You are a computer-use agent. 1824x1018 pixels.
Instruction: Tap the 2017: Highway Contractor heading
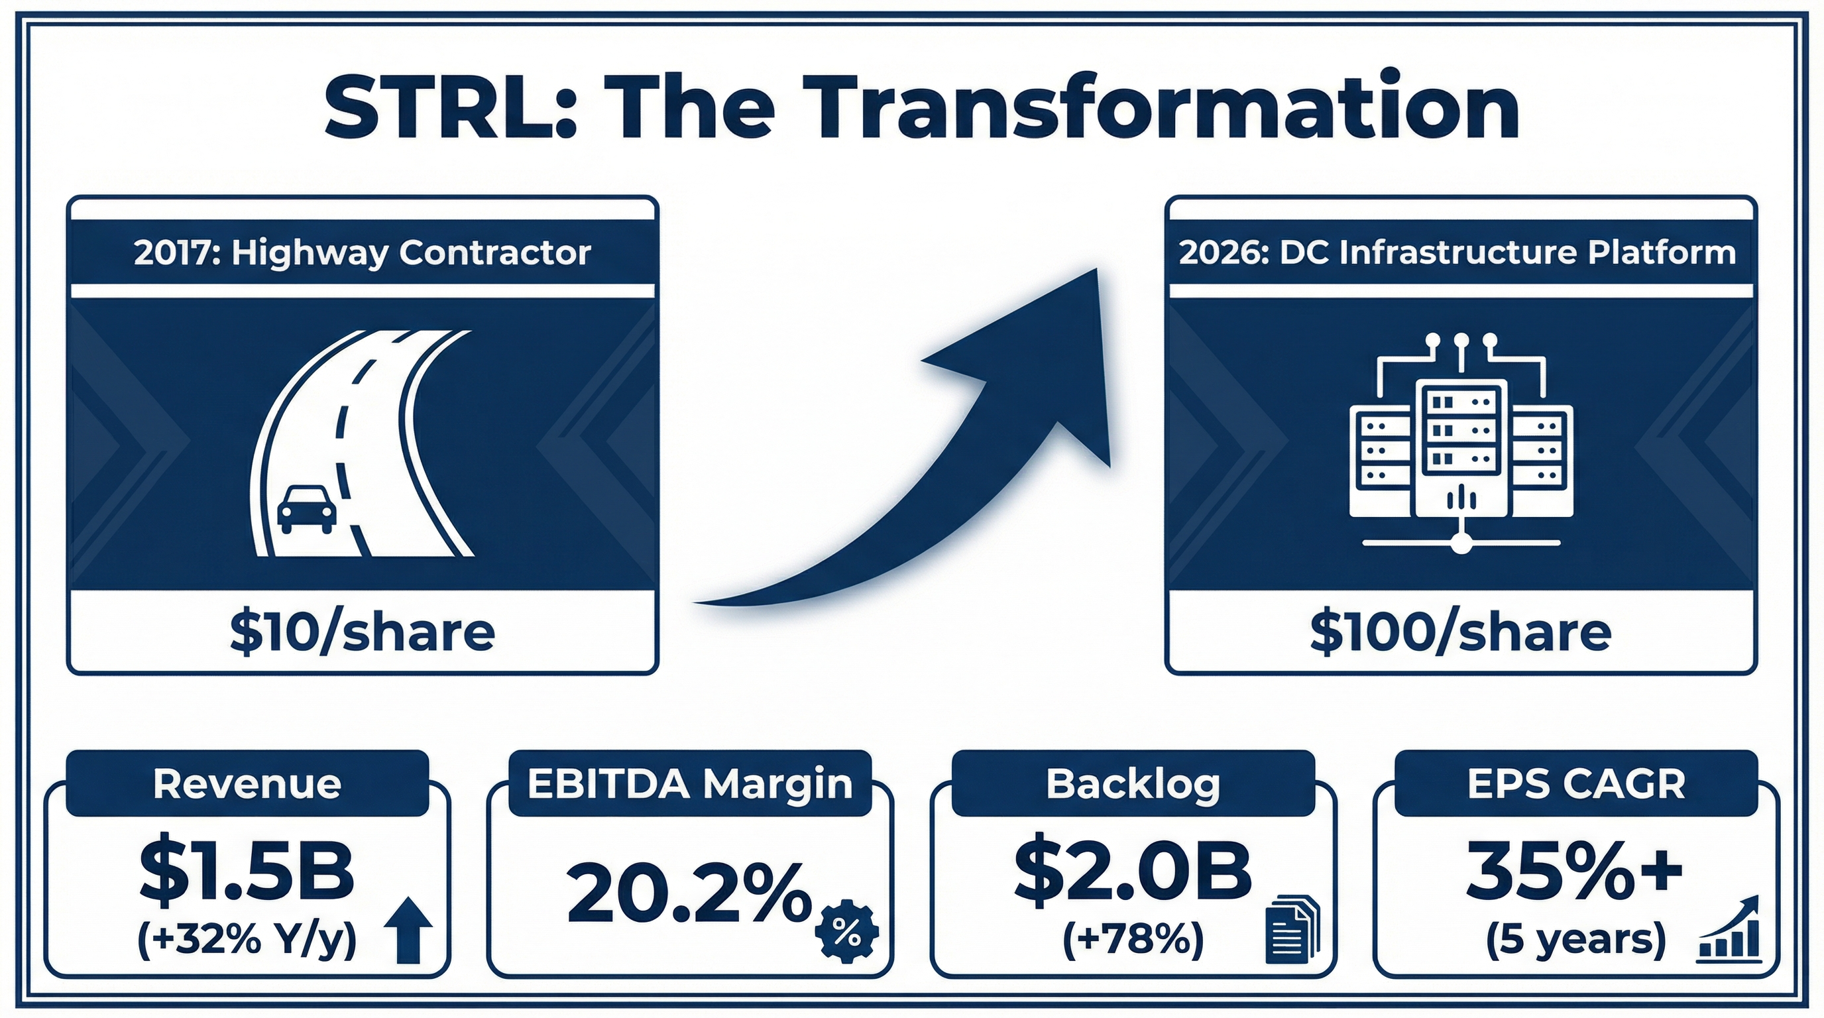[x=362, y=253]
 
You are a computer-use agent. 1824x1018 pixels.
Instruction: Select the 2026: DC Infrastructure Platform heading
[x=1457, y=253]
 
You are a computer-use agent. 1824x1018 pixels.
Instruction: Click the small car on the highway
[x=307, y=508]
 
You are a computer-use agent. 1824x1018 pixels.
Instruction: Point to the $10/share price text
[x=362, y=632]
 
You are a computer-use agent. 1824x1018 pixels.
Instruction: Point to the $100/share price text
[x=1460, y=632]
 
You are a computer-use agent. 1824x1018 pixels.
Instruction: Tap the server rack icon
[x=1461, y=446]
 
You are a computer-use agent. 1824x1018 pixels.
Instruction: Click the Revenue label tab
[x=247, y=783]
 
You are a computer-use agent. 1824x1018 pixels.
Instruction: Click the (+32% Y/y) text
[x=247, y=941]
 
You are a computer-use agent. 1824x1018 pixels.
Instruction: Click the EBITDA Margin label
[x=690, y=783]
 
